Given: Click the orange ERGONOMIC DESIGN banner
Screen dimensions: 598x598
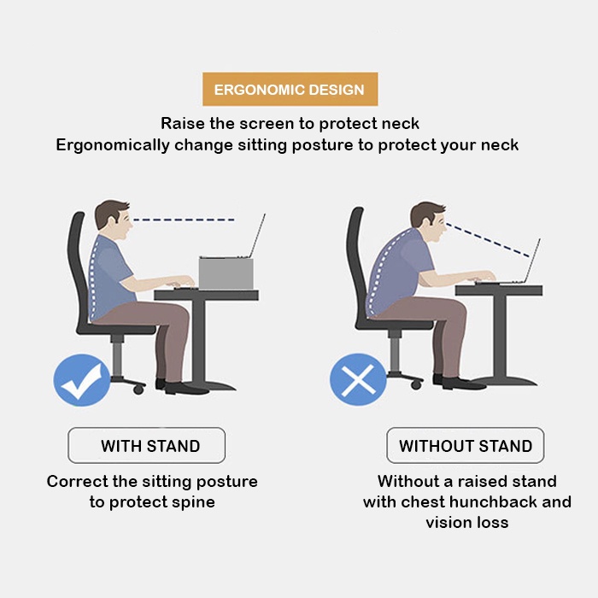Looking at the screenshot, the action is (290, 89).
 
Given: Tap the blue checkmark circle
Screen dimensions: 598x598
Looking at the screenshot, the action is (82, 380).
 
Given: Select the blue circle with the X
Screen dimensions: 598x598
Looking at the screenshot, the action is (358, 379).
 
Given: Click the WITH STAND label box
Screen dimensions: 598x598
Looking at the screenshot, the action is (146, 445).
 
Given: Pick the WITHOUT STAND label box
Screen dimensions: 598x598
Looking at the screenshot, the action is (466, 445).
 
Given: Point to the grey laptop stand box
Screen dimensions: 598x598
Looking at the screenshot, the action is (226, 273).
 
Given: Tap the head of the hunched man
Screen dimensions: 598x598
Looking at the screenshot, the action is (429, 222).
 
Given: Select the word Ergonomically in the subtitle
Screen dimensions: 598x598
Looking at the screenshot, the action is (113, 146).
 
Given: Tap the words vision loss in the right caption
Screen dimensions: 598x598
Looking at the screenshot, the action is (466, 523).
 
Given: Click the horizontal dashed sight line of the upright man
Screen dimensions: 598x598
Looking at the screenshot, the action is (184, 220).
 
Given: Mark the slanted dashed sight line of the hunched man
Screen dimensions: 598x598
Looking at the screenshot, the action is (488, 240).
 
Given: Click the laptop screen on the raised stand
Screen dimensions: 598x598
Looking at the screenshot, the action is (257, 236).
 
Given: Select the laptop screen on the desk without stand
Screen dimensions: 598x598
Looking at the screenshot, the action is (533, 261).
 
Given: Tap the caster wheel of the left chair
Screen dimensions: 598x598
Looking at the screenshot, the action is (138, 390).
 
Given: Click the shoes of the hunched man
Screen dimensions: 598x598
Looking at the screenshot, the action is (459, 383).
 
